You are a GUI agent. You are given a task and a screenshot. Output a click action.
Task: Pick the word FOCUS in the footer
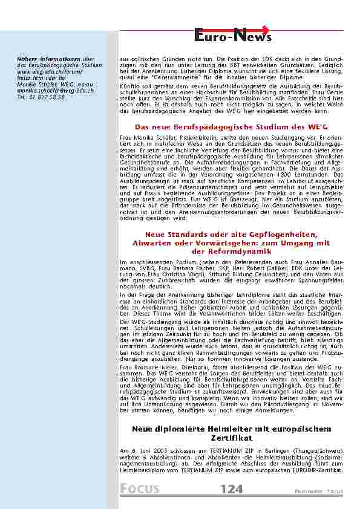(139, 489)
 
